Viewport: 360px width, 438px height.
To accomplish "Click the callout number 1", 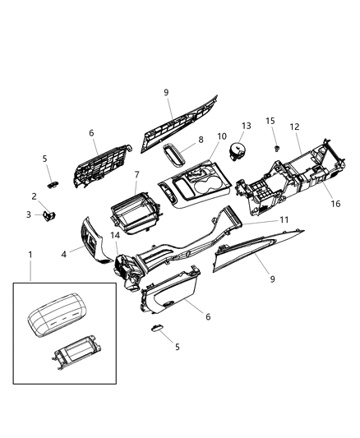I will coord(30,255).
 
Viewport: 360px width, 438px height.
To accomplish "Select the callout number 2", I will coord(34,196).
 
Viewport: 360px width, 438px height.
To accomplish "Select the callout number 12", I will coord(294,127).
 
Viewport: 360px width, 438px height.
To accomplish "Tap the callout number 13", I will coord(245,126).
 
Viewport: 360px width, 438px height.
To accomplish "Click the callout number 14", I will coord(115,237).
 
